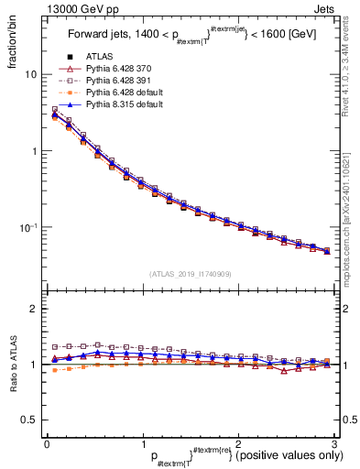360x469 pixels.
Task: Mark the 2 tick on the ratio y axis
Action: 34,310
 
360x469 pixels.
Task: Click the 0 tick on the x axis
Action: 47,444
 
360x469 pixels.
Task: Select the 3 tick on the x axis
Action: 333,444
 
